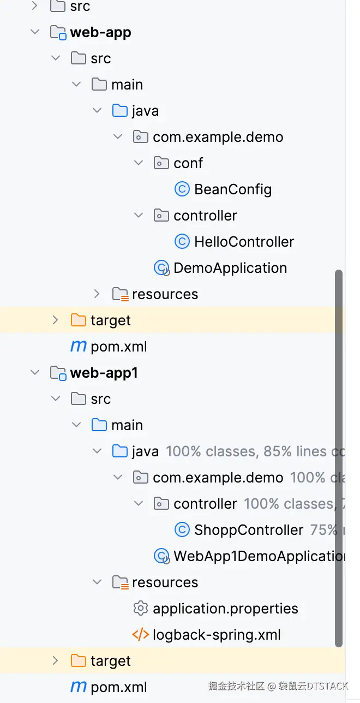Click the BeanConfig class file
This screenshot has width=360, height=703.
[x=233, y=189]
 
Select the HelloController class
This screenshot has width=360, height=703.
[x=244, y=242]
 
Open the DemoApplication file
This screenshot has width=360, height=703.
[x=230, y=268]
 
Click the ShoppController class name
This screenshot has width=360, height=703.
[x=249, y=530]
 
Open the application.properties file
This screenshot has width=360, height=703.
[x=225, y=609]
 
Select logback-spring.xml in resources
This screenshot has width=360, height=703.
[x=217, y=635]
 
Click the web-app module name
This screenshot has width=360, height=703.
[x=100, y=32]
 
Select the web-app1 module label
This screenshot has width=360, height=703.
[x=104, y=373]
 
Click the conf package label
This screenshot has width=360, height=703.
[x=188, y=163]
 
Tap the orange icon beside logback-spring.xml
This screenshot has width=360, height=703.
[x=140, y=635]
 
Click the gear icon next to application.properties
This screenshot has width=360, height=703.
[x=140, y=609]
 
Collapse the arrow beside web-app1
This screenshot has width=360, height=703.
[x=35, y=373]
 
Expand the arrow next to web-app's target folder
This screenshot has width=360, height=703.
[x=55, y=320]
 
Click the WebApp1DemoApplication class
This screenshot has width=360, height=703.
[x=259, y=556]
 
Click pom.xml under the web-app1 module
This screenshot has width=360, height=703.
[x=119, y=687]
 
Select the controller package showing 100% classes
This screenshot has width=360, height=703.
[x=205, y=504]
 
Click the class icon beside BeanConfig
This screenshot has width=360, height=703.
[x=182, y=189]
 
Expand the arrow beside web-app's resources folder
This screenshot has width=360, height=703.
[x=97, y=294]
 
